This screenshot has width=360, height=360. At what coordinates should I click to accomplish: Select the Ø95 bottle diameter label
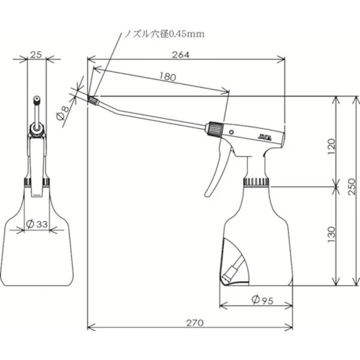[262, 300]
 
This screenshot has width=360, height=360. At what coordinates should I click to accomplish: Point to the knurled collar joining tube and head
[214, 129]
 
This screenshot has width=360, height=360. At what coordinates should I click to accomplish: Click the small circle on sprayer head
[232, 132]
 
